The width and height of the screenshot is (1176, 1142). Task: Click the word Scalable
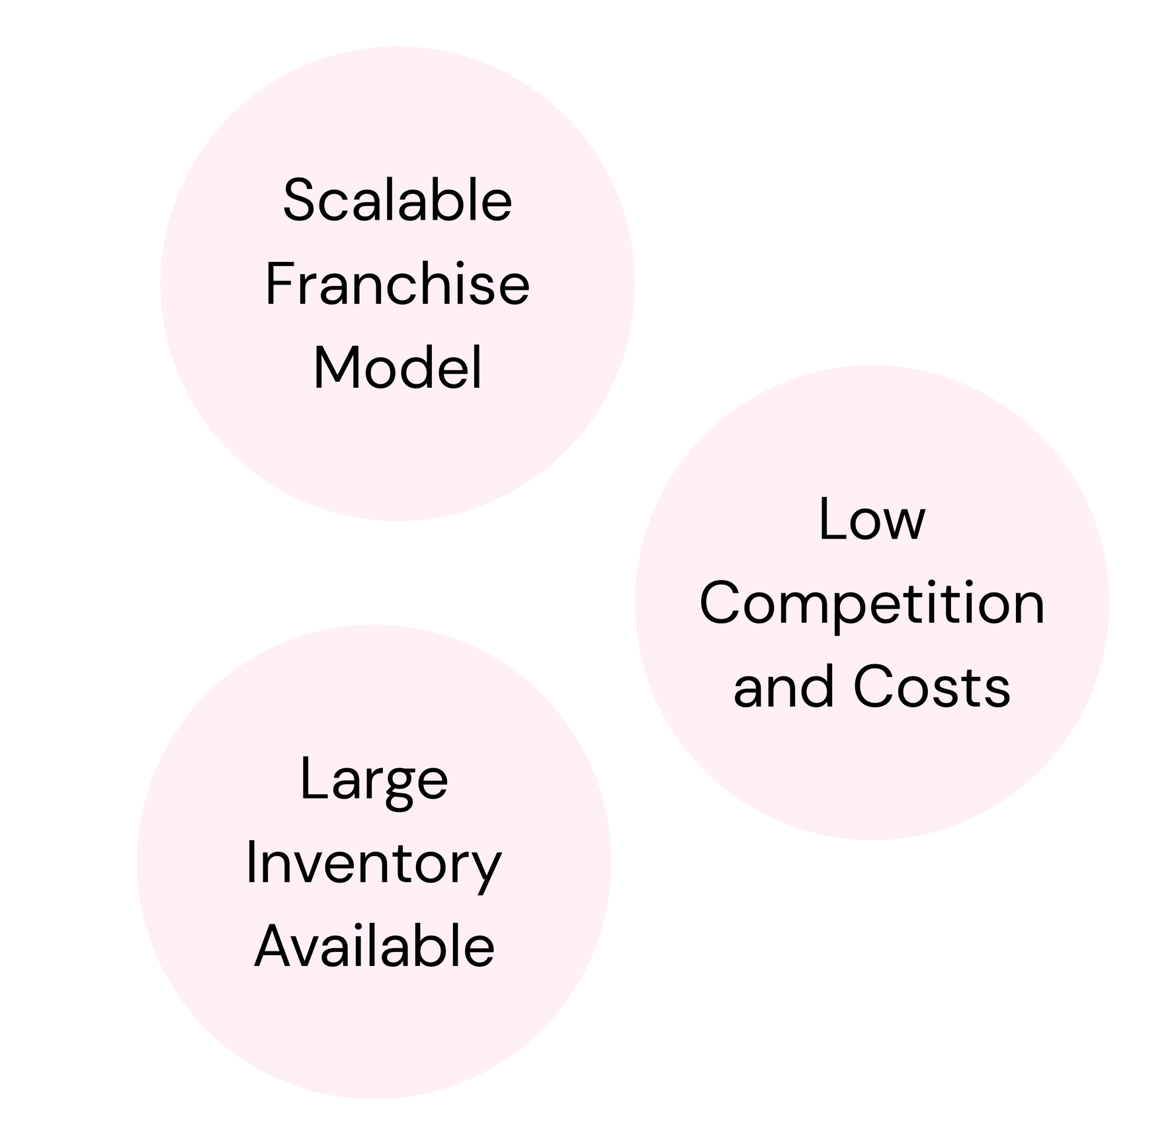397,200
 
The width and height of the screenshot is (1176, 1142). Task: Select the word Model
397,369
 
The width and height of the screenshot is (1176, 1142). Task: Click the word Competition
872,605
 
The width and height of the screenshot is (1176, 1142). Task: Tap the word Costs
931,687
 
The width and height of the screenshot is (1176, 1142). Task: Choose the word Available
374,947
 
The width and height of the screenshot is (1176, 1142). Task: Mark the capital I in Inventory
251,863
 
